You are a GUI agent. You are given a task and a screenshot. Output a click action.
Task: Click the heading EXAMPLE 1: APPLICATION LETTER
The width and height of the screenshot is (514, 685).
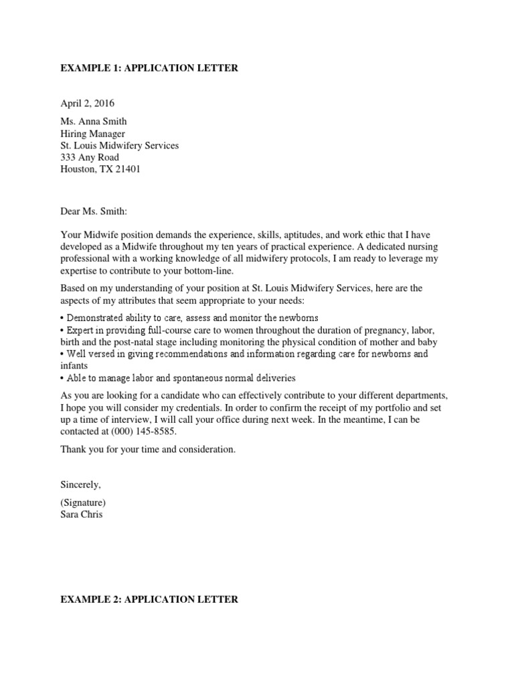pos(149,68)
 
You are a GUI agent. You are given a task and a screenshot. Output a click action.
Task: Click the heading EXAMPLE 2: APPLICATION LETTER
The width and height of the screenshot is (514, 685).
pos(149,599)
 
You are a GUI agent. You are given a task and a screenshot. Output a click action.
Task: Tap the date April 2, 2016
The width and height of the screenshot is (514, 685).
pos(87,104)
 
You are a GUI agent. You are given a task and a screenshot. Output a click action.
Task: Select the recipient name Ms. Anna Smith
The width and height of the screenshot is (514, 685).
pos(93,122)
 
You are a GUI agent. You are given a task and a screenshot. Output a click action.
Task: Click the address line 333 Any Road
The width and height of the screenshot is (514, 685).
pos(90,158)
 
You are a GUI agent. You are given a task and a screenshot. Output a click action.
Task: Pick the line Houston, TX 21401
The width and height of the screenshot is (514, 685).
pos(100,170)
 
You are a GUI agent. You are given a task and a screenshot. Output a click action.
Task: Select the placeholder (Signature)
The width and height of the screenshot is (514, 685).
pos(83,502)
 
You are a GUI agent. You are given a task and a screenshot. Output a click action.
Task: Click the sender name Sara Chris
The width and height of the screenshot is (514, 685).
pos(82,514)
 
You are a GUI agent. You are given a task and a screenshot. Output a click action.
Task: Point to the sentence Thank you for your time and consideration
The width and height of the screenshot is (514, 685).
pos(148,450)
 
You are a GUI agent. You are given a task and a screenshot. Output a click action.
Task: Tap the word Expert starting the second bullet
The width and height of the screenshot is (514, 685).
pos(78,330)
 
